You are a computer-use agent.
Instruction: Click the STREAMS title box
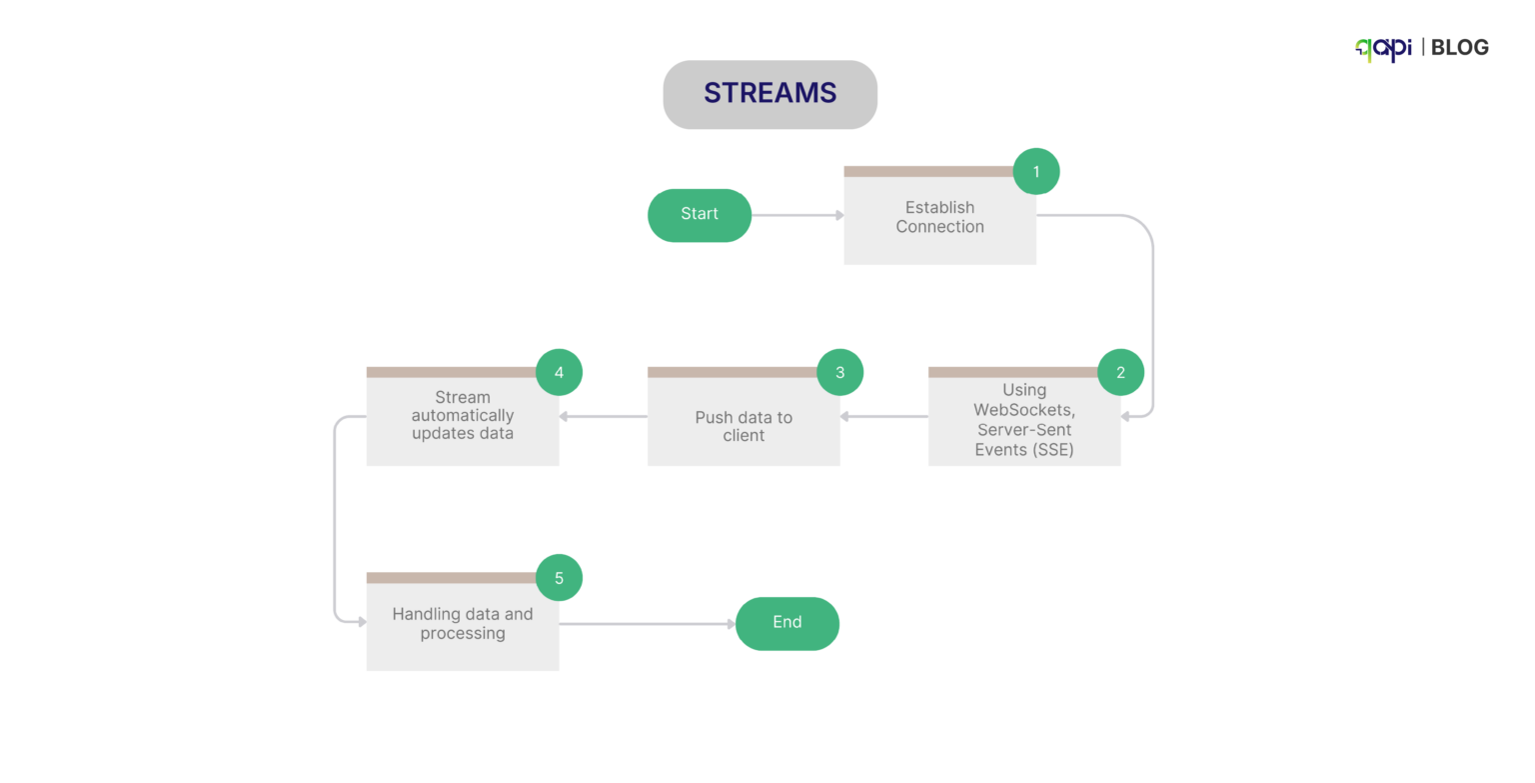coord(769,94)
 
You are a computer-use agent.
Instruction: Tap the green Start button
coord(700,215)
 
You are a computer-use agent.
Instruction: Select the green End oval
coord(786,623)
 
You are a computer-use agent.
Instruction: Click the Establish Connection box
coord(939,218)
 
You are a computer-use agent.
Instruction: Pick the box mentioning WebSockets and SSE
coord(1023,420)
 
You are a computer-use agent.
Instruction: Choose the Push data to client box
coord(743,426)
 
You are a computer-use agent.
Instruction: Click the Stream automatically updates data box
coord(462,420)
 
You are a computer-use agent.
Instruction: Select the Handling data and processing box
coord(462,625)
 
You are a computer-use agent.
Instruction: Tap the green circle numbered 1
coord(1036,172)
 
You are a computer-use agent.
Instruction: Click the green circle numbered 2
coord(1120,373)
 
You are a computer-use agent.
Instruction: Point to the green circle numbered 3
coord(839,373)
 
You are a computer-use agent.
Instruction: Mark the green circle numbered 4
coord(559,373)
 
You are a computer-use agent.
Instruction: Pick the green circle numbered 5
coord(559,578)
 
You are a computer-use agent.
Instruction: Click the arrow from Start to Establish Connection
coord(796,215)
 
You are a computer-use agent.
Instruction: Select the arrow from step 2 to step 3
coord(883,416)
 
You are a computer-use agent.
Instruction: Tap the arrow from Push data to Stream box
coord(603,416)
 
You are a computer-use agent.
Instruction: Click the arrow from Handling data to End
coord(647,624)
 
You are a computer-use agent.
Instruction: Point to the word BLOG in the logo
coord(1459,47)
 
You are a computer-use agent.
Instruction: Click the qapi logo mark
coord(1383,48)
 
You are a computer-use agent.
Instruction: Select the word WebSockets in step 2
coord(1023,410)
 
